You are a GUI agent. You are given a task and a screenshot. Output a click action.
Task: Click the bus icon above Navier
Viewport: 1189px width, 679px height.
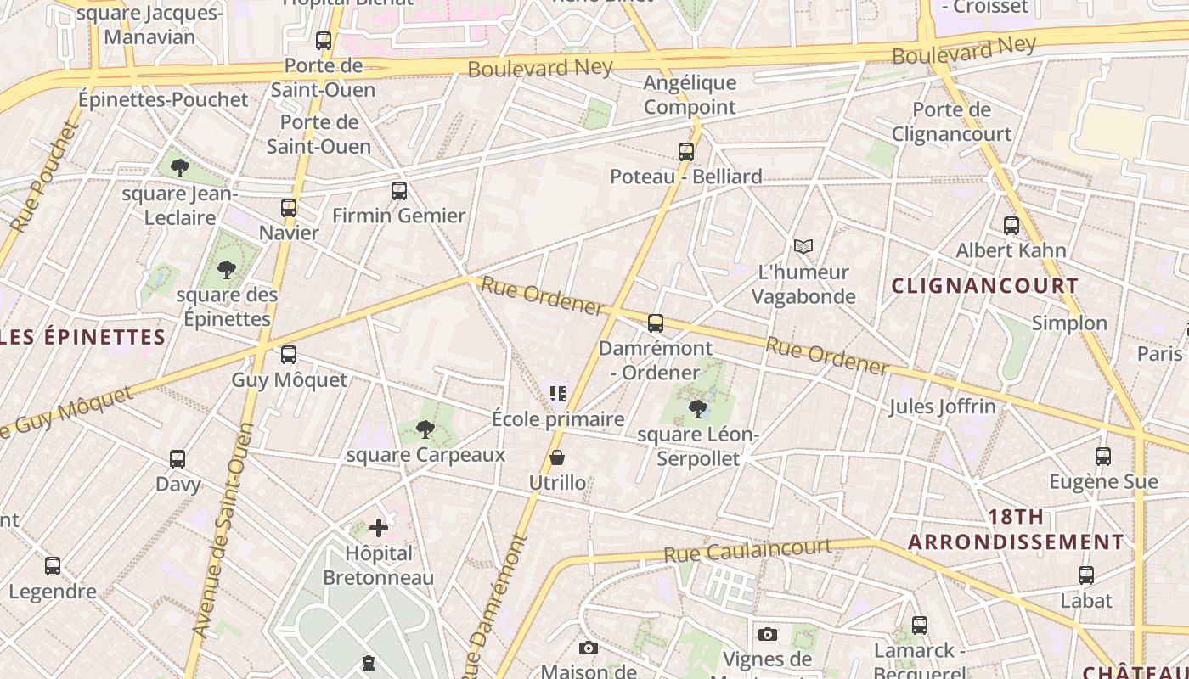click(289, 208)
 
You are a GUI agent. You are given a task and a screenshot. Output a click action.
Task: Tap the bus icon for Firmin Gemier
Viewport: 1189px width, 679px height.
click(399, 191)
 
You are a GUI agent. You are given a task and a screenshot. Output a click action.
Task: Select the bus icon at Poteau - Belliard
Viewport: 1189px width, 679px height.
click(686, 152)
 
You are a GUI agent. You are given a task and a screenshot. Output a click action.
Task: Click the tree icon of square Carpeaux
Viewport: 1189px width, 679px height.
click(425, 430)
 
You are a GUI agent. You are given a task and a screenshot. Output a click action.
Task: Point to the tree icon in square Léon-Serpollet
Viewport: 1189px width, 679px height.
click(697, 410)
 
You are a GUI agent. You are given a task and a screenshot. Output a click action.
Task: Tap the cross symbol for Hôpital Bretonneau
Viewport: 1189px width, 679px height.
click(379, 529)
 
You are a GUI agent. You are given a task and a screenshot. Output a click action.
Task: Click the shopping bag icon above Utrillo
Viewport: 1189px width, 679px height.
click(557, 458)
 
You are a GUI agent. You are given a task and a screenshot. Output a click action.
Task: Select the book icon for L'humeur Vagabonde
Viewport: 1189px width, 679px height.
click(803, 247)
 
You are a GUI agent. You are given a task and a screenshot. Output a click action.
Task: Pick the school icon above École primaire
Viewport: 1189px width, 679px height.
click(558, 394)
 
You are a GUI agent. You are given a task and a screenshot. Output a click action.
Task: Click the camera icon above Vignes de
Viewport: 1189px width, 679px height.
click(768, 635)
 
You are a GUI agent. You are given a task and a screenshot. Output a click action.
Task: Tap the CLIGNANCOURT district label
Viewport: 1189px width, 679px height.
click(984, 286)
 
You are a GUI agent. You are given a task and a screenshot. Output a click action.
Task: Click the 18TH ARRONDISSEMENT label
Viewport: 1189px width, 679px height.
click(1016, 530)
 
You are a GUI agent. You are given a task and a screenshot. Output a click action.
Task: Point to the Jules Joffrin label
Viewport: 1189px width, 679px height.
click(942, 407)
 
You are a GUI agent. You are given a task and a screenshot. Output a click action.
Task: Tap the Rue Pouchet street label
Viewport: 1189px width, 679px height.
click(44, 178)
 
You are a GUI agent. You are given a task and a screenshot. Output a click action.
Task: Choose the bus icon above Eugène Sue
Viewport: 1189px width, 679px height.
click(1103, 457)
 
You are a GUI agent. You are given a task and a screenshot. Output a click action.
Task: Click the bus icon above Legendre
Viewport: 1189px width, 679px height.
click(53, 566)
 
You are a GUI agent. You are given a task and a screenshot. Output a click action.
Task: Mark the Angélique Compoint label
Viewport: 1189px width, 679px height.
click(690, 95)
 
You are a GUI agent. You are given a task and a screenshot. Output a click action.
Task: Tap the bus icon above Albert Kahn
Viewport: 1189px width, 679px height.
click(1011, 226)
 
